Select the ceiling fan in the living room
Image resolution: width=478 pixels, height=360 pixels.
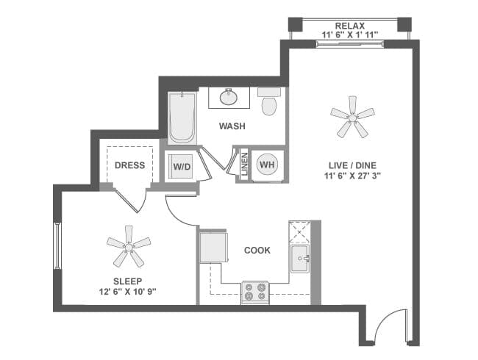pyautogui.click(x=351, y=116)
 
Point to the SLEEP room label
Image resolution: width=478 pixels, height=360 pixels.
pyautogui.click(x=127, y=281)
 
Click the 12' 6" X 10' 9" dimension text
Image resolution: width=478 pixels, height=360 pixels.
pyautogui.click(x=127, y=292)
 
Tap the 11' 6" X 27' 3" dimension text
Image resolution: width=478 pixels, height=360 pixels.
pyautogui.click(x=351, y=176)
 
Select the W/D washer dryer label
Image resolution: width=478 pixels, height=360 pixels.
pyautogui.click(x=182, y=166)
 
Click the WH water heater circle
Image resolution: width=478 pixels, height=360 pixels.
pyautogui.click(x=266, y=165)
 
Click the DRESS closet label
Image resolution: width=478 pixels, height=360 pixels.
pyautogui.click(x=129, y=165)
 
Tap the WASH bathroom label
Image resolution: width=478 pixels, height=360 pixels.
pyautogui.click(x=232, y=126)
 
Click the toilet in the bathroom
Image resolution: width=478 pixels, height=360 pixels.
pyautogui.click(x=269, y=103)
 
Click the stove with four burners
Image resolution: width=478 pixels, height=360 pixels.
pyautogui.click(x=256, y=292)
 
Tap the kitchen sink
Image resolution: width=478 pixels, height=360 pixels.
pyautogui.click(x=299, y=259)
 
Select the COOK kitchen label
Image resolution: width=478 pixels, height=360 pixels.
pyautogui.click(x=257, y=251)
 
